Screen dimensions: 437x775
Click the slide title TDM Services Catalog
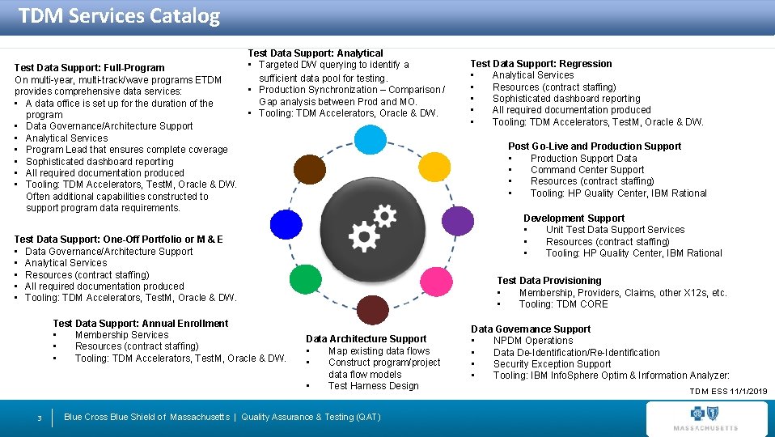(x=119, y=16)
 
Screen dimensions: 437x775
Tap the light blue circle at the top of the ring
(x=371, y=138)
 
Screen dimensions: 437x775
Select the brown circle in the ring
(x=309, y=169)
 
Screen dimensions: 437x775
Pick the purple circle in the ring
(x=458, y=221)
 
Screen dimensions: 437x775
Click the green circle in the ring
(x=305, y=279)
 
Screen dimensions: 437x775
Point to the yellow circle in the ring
(x=435, y=167)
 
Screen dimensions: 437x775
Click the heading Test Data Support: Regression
(x=541, y=64)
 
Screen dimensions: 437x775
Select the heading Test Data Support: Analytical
(x=316, y=53)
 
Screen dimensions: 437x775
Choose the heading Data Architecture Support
(x=366, y=339)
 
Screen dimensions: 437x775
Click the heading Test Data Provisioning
(x=549, y=281)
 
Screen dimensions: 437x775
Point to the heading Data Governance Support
(x=531, y=329)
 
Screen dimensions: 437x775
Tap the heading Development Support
(x=574, y=218)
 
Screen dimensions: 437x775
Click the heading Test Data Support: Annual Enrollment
(x=140, y=324)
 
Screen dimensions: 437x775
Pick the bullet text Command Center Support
(x=587, y=170)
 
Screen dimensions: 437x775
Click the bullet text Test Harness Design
(x=373, y=386)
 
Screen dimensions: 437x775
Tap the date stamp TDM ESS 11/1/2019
(x=728, y=392)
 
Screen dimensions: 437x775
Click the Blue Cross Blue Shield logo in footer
(x=705, y=418)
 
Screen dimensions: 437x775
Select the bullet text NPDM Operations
(x=533, y=341)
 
